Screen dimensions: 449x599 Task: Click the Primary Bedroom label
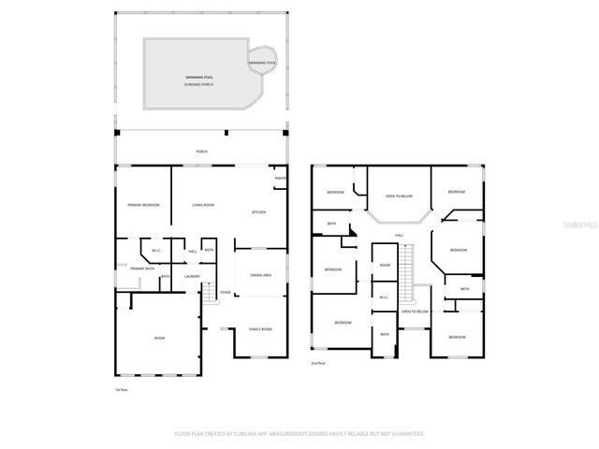click(x=143, y=205)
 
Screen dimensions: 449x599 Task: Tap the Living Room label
click(x=203, y=205)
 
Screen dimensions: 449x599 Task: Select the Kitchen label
click(x=258, y=212)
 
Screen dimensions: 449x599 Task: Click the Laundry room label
click(x=193, y=276)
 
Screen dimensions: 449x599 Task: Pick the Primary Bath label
click(x=143, y=268)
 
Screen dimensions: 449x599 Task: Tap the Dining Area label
click(x=260, y=275)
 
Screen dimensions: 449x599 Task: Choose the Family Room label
click(x=259, y=329)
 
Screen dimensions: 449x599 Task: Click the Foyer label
click(x=225, y=293)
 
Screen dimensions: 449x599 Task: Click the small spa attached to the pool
click(x=263, y=62)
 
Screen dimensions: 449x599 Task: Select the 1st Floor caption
click(x=121, y=388)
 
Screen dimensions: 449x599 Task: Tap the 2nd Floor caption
click(x=318, y=363)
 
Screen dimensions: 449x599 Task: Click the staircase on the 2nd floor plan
click(x=406, y=267)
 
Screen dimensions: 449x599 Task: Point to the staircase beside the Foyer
click(x=211, y=292)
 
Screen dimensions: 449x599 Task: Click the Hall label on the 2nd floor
click(x=399, y=235)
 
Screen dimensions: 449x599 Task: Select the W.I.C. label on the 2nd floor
click(x=384, y=297)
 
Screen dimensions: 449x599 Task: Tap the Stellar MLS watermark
click(x=579, y=224)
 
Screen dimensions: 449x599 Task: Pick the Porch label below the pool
click(x=201, y=152)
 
